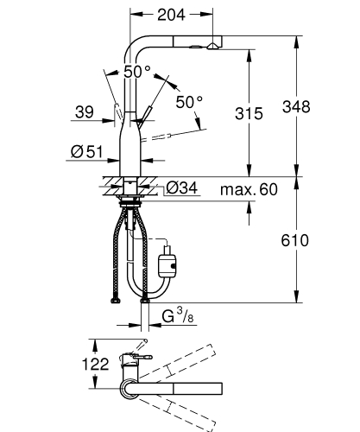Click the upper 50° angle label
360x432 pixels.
point(136,73)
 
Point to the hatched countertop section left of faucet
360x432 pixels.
point(111,182)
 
